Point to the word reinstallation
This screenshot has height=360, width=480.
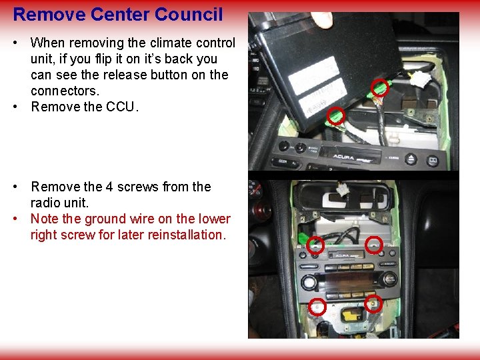click(185, 235)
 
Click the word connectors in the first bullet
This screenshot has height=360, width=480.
click(61, 91)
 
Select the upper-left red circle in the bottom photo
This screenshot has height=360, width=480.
click(316, 245)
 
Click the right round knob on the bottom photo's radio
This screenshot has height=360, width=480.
click(389, 279)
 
